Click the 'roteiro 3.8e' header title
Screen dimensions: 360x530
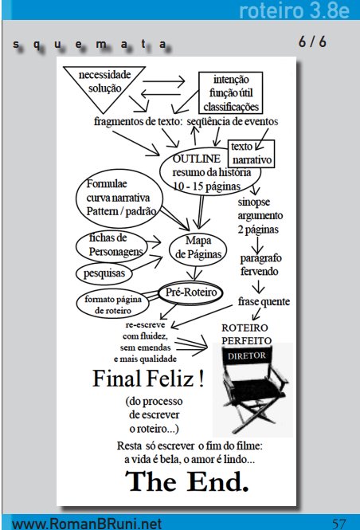[x=294, y=10]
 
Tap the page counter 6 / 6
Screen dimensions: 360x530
[x=312, y=42]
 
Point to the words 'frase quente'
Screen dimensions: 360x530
[x=264, y=301]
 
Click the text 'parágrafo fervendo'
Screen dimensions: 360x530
[x=260, y=265]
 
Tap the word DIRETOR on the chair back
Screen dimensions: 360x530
[x=247, y=356]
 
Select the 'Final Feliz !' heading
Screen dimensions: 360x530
[x=148, y=379]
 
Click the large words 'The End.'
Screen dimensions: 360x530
[x=186, y=481]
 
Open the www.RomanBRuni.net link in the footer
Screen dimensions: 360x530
[x=87, y=524]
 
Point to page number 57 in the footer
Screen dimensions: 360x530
[x=338, y=524]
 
